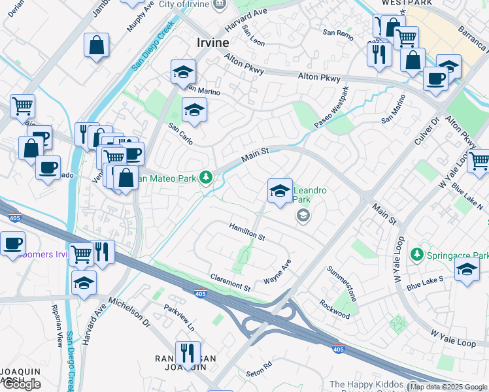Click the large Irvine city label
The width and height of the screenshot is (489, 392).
point(213,42)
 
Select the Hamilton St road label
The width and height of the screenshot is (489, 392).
point(246,231)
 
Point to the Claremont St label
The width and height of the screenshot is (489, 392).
point(229,283)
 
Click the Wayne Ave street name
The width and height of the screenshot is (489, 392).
point(277,272)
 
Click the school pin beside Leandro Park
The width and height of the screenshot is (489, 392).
point(280,191)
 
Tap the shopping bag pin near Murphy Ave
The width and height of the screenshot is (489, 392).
point(97,46)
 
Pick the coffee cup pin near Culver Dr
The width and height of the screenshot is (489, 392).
point(435,79)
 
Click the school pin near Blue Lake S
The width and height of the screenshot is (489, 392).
point(467,269)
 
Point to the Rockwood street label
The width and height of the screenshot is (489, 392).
point(335,308)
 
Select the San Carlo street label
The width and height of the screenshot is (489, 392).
point(180,134)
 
